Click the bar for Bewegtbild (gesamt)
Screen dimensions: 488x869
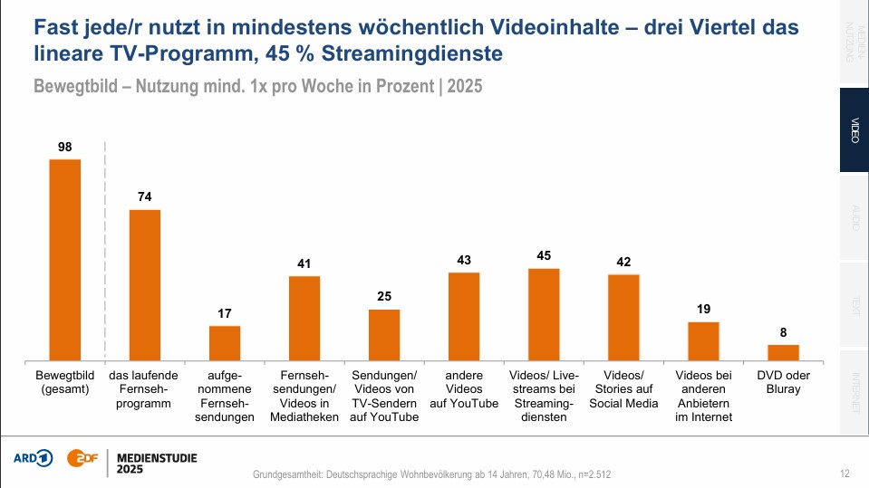(x=65, y=260)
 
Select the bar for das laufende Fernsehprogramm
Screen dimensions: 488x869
(x=145, y=285)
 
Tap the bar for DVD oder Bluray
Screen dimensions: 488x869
(x=784, y=352)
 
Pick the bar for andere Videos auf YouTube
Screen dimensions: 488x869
(x=464, y=316)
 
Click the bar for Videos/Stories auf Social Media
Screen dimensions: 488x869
(x=623, y=317)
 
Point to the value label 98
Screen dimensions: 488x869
(x=64, y=147)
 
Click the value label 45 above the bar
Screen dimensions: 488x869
(x=544, y=256)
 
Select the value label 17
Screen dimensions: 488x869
(x=225, y=313)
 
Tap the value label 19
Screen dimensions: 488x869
(x=703, y=310)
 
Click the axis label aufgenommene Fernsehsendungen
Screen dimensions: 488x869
(x=225, y=396)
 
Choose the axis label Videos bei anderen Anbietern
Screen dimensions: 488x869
(x=703, y=396)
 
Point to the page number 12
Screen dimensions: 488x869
(x=845, y=474)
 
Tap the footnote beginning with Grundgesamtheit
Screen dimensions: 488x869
(x=437, y=474)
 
